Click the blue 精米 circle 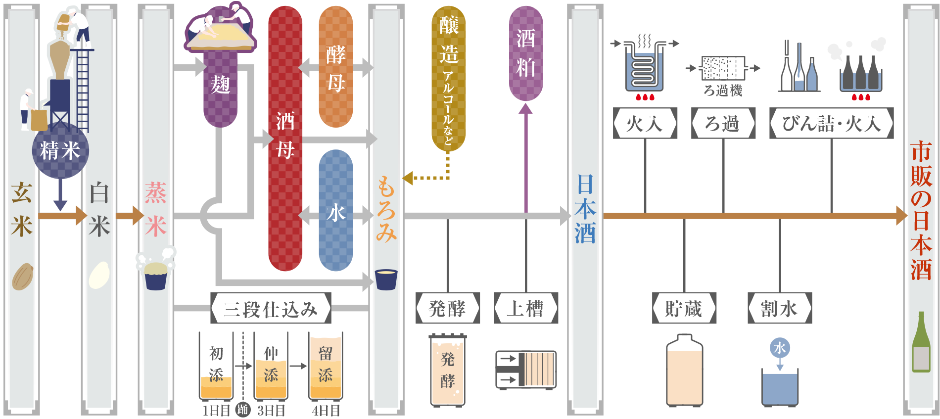click(x=60, y=150)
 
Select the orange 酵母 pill click(x=335, y=68)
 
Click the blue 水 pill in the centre click(x=335, y=212)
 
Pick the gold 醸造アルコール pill click(x=448, y=79)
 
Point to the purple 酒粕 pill click(x=525, y=53)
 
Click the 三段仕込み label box click(x=271, y=309)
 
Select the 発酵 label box click(x=447, y=308)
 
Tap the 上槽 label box click(x=525, y=308)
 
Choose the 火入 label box click(x=645, y=123)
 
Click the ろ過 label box click(x=723, y=123)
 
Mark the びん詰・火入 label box click(x=831, y=123)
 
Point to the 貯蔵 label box click(x=684, y=308)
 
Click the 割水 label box click(x=779, y=308)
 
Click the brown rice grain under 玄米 click(x=22, y=277)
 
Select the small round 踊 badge click(x=242, y=410)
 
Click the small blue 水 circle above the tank click(x=780, y=348)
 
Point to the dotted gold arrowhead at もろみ click(x=409, y=178)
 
